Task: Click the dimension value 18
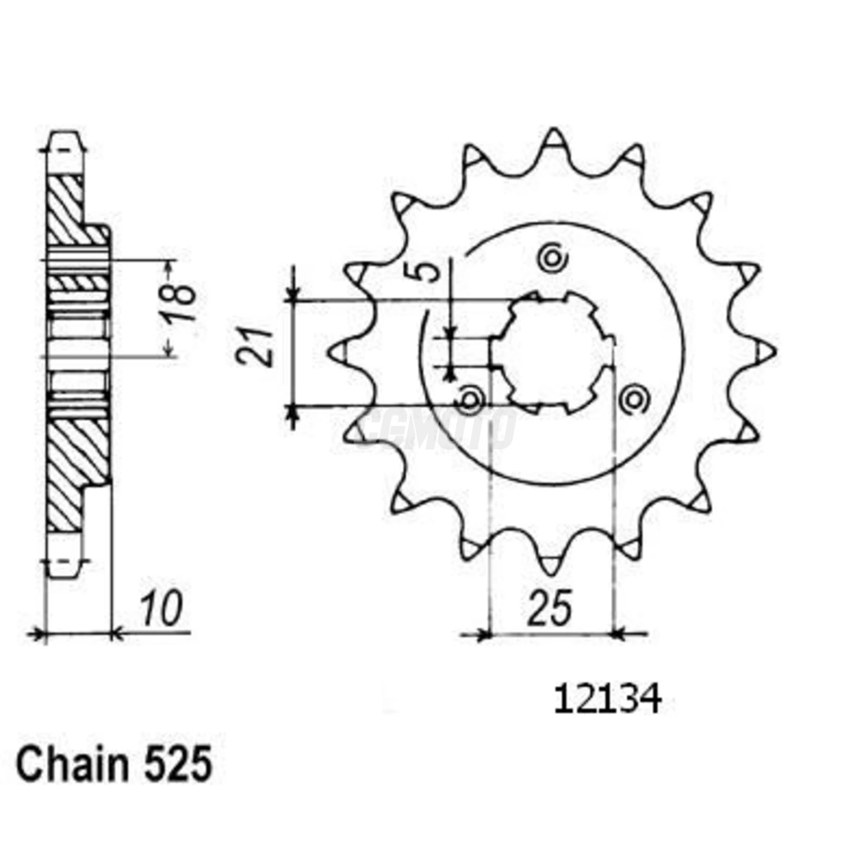point(180,304)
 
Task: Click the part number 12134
point(607,700)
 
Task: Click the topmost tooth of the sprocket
point(554,139)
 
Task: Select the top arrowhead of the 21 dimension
point(293,292)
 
